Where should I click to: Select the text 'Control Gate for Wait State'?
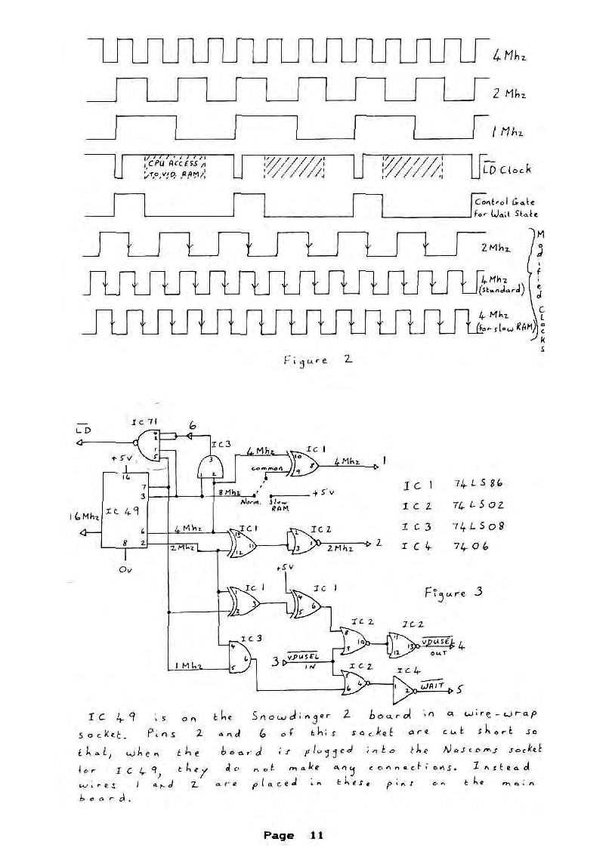[x=505, y=207]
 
